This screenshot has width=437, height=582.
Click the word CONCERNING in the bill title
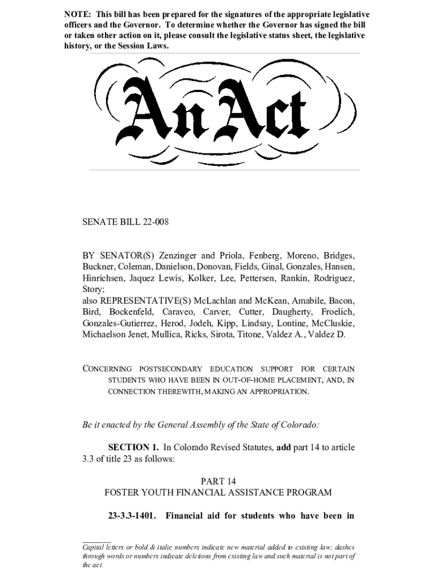point(107,369)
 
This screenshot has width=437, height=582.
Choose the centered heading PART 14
point(218,481)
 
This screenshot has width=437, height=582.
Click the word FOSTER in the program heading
point(121,492)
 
